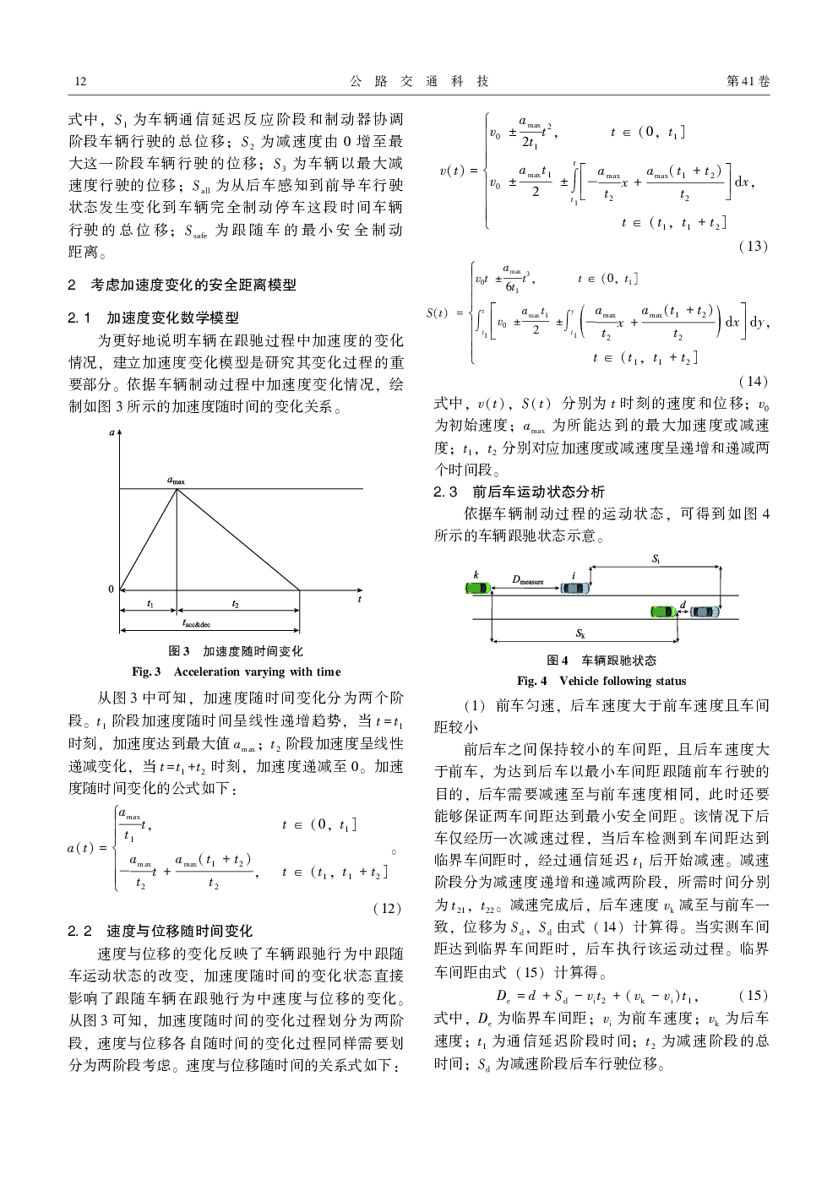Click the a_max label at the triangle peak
(x=176, y=481)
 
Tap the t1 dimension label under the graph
(x=150, y=604)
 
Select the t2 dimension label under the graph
(x=235, y=604)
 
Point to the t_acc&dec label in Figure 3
(x=196, y=623)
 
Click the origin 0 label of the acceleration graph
(x=111, y=590)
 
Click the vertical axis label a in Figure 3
(x=112, y=433)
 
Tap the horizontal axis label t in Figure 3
(x=359, y=599)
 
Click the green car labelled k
(x=478, y=588)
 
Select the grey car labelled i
(x=576, y=588)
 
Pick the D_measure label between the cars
(x=528, y=580)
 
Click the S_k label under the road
(x=580, y=633)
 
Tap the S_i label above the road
(x=656, y=559)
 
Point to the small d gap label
(x=683, y=605)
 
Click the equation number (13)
(x=753, y=246)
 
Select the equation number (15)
(x=753, y=995)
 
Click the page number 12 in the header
(x=80, y=81)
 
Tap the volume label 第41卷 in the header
(x=748, y=81)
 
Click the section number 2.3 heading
(x=445, y=492)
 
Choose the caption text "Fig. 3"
(x=146, y=671)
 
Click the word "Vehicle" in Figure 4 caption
(x=579, y=681)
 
